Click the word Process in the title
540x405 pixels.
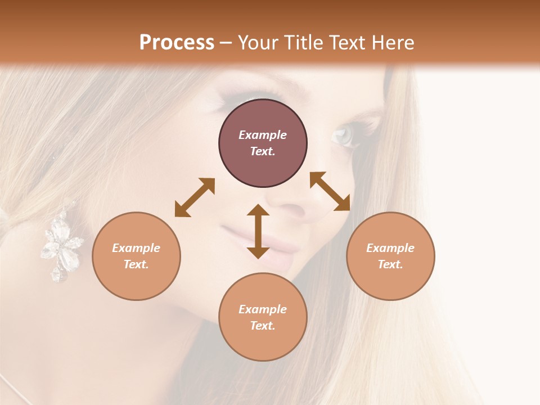tap(177, 43)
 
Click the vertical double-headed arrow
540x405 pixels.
tap(258, 231)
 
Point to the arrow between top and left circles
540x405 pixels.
tap(195, 197)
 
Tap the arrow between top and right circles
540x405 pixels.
tap(330, 191)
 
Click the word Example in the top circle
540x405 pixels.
tap(263, 135)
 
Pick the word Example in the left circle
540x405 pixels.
tap(136, 248)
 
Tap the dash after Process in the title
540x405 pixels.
tap(226, 43)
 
